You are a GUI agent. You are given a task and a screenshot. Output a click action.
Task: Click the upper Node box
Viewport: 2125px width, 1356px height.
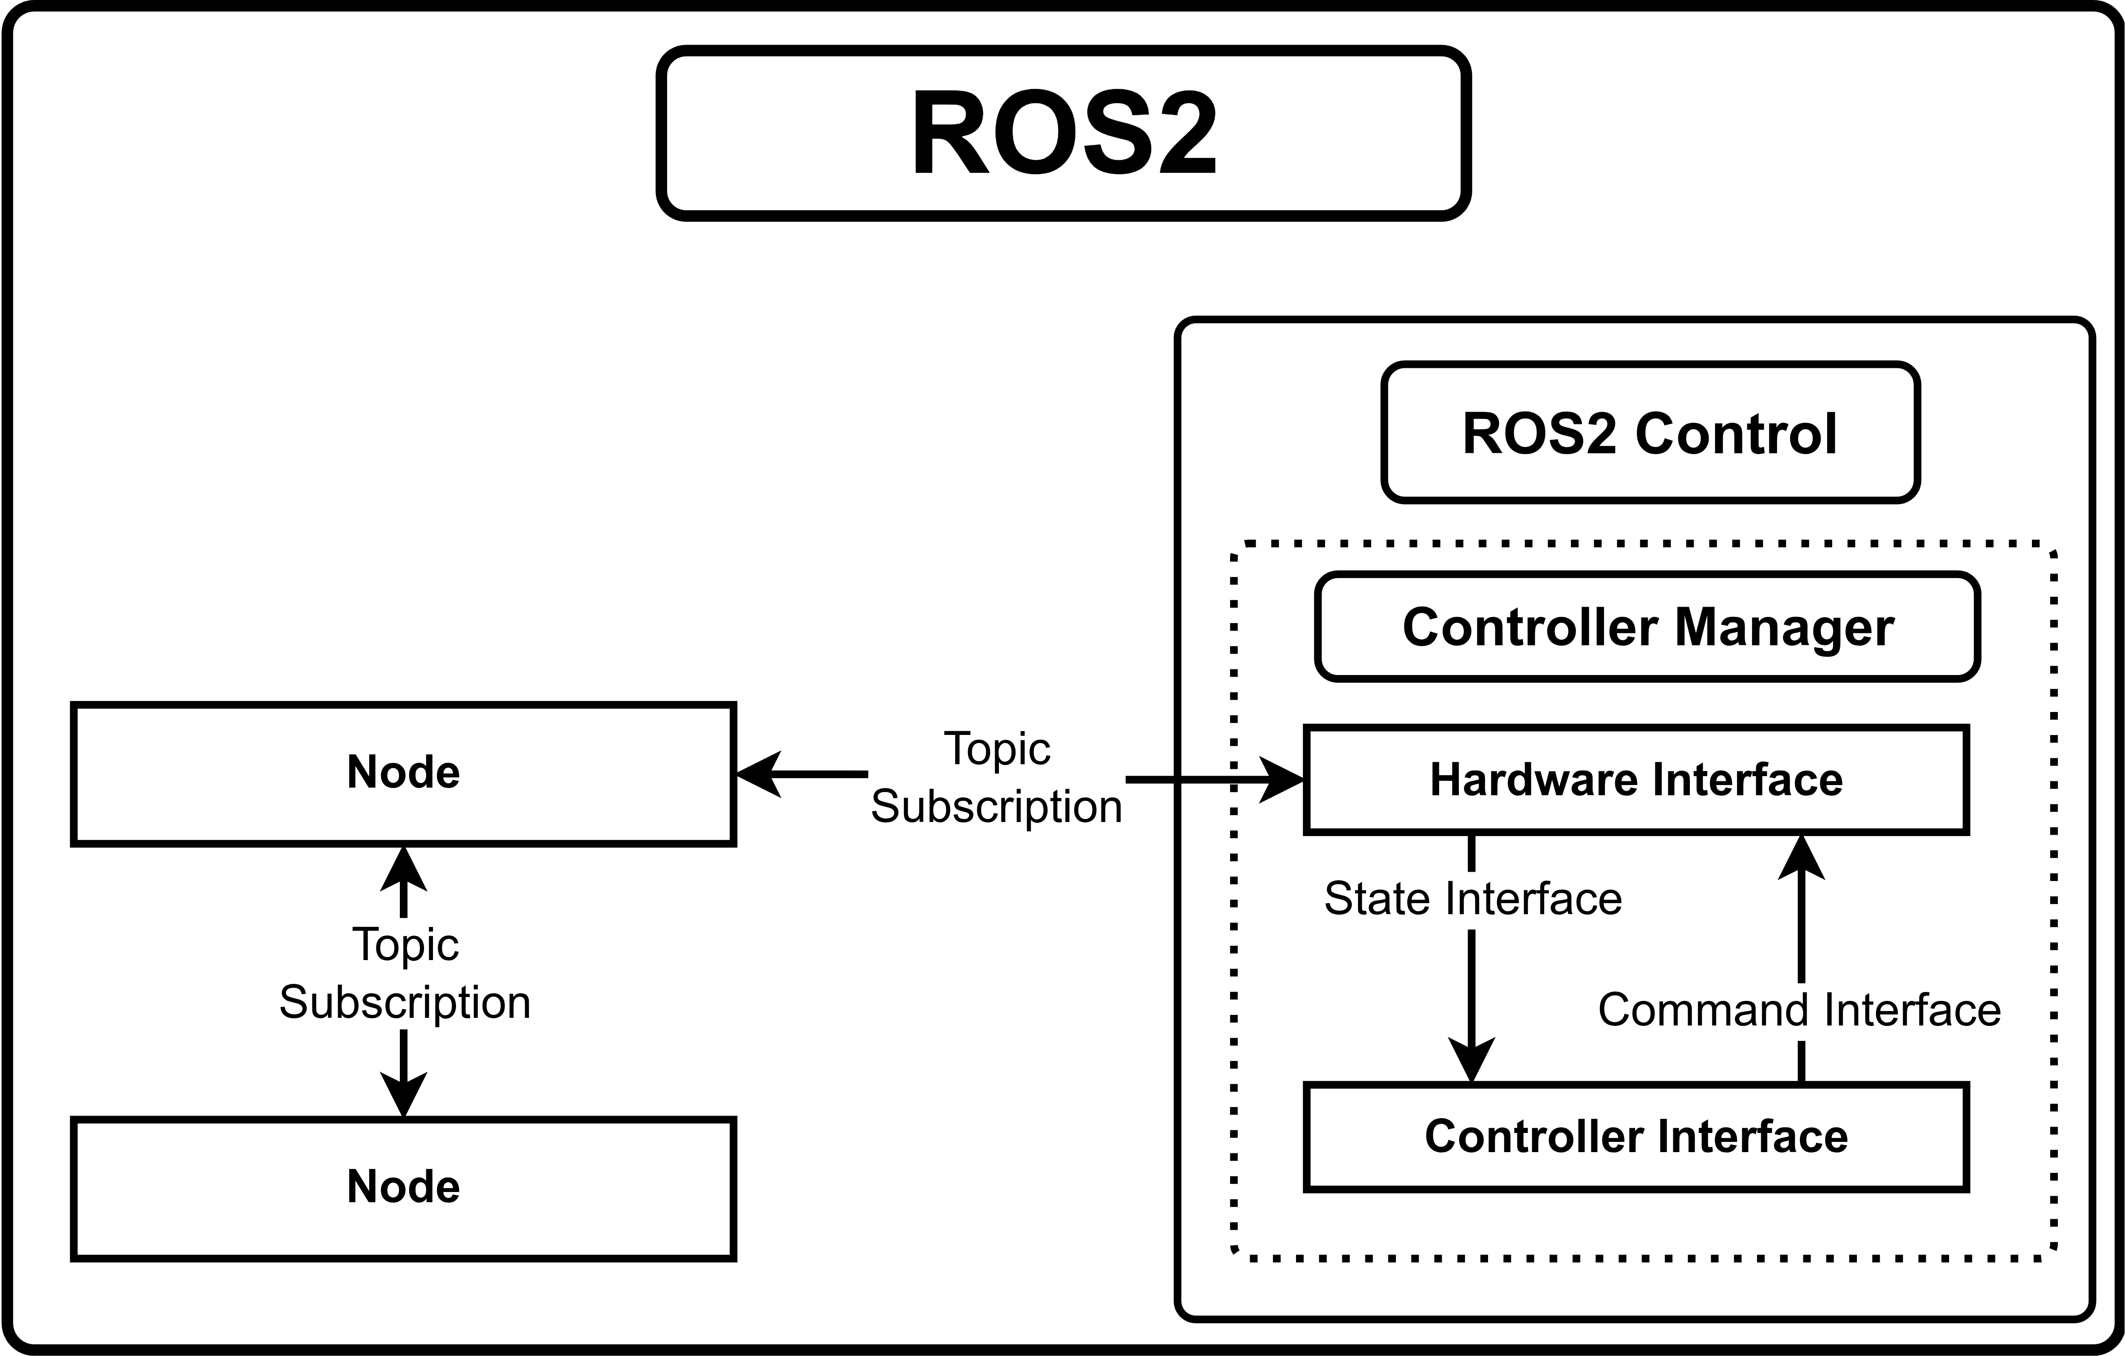pos(403,774)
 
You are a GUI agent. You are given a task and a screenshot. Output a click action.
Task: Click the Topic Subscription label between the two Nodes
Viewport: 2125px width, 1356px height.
pos(405,974)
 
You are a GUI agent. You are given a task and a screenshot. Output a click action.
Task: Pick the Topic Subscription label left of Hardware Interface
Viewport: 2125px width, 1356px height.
pos(996,778)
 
